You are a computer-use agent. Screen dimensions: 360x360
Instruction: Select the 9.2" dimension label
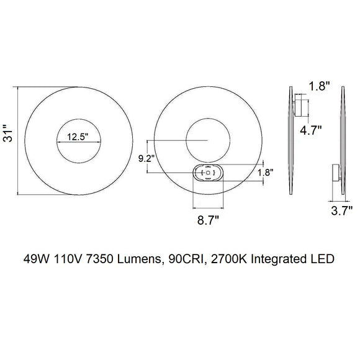(x=146, y=158)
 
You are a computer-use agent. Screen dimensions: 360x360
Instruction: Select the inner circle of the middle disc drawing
(x=206, y=140)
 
